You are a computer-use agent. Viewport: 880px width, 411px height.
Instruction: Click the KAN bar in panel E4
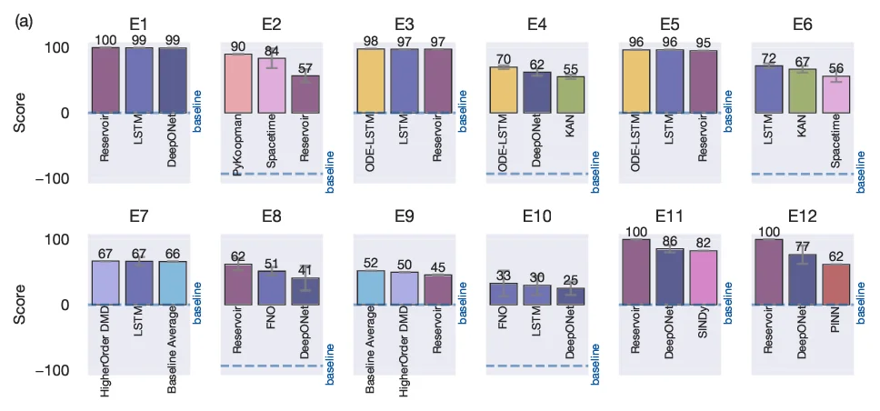coord(570,95)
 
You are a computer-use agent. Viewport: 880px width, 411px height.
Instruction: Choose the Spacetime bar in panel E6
coord(835,95)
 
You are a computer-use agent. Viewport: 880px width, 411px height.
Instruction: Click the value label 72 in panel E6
coord(768,58)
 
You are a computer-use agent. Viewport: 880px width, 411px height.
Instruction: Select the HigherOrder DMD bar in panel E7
coord(105,283)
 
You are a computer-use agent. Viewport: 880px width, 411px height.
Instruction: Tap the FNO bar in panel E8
coord(271,287)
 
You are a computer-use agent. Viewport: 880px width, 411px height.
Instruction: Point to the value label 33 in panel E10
coord(503,276)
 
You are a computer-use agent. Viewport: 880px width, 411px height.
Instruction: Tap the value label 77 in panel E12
coord(802,246)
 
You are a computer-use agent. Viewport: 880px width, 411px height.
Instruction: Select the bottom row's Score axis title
coord(19,305)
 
